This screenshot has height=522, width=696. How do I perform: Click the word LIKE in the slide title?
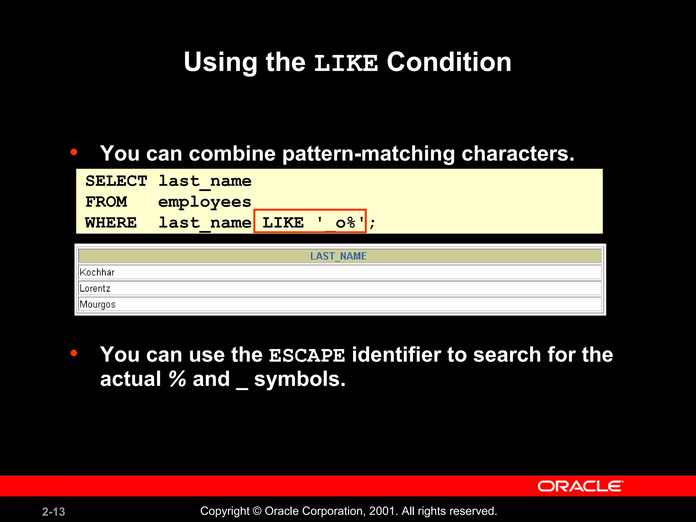(x=346, y=63)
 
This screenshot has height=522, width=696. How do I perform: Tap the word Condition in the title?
(x=449, y=62)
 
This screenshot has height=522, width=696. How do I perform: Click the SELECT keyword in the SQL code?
(x=116, y=181)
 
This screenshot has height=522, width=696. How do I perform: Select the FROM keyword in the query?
(x=106, y=202)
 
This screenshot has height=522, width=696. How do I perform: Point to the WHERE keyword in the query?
(x=111, y=223)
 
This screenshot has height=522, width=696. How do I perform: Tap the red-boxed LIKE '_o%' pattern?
(x=310, y=222)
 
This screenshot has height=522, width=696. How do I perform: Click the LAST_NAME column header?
(x=338, y=256)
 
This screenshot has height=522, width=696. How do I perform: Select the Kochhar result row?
(x=97, y=272)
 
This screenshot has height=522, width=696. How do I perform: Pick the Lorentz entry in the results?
(x=95, y=289)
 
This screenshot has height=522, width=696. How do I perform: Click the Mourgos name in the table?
(x=98, y=304)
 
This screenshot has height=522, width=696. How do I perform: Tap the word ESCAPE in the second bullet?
(x=307, y=356)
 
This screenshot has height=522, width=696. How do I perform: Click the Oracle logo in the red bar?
(x=580, y=486)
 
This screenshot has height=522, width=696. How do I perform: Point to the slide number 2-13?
(x=53, y=511)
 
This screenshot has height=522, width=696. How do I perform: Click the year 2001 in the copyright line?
(x=382, y=511)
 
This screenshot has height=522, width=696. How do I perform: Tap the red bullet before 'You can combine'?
(x=74, y=152)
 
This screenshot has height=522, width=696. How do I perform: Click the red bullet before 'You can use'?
(x=74, y=353)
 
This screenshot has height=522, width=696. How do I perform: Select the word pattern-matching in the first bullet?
(x=368, y=154)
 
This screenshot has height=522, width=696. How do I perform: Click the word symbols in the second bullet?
(x=299, y=379)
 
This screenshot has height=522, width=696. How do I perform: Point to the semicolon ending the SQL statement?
(x=372, y=224)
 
